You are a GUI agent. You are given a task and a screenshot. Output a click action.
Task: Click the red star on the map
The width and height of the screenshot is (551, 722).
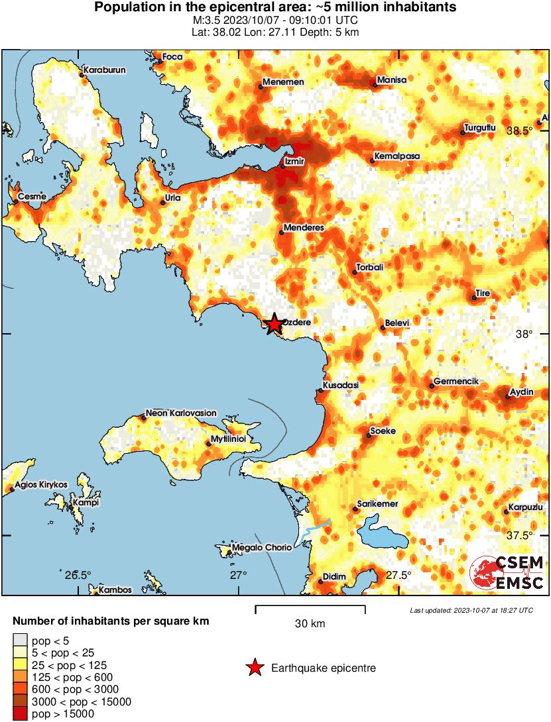274,324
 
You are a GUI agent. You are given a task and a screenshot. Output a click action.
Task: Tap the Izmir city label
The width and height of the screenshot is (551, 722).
294,161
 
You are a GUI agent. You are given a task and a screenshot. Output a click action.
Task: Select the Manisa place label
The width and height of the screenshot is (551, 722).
391,80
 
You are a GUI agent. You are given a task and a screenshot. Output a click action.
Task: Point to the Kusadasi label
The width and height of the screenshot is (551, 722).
340,385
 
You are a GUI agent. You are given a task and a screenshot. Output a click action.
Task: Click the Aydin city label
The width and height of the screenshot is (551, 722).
521,392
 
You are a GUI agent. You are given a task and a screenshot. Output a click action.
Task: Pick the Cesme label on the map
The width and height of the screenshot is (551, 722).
31,197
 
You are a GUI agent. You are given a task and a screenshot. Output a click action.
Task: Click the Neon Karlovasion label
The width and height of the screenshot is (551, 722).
181,413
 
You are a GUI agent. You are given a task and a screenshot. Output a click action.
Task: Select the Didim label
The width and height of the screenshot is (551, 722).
334,576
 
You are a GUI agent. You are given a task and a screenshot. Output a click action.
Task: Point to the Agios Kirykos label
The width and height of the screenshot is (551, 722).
40,484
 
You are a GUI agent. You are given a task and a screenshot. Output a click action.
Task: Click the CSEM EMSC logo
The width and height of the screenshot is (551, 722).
507,573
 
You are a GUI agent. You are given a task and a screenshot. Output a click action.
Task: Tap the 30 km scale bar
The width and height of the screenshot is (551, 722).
310,607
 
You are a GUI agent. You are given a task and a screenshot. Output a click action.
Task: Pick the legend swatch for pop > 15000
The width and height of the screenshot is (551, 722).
20,713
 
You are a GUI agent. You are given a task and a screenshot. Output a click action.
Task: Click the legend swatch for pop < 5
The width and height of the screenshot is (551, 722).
20,640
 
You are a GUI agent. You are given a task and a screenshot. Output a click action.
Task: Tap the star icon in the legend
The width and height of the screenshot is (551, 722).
254,668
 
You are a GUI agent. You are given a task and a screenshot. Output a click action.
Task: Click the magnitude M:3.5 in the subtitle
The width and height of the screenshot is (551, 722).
204,21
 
